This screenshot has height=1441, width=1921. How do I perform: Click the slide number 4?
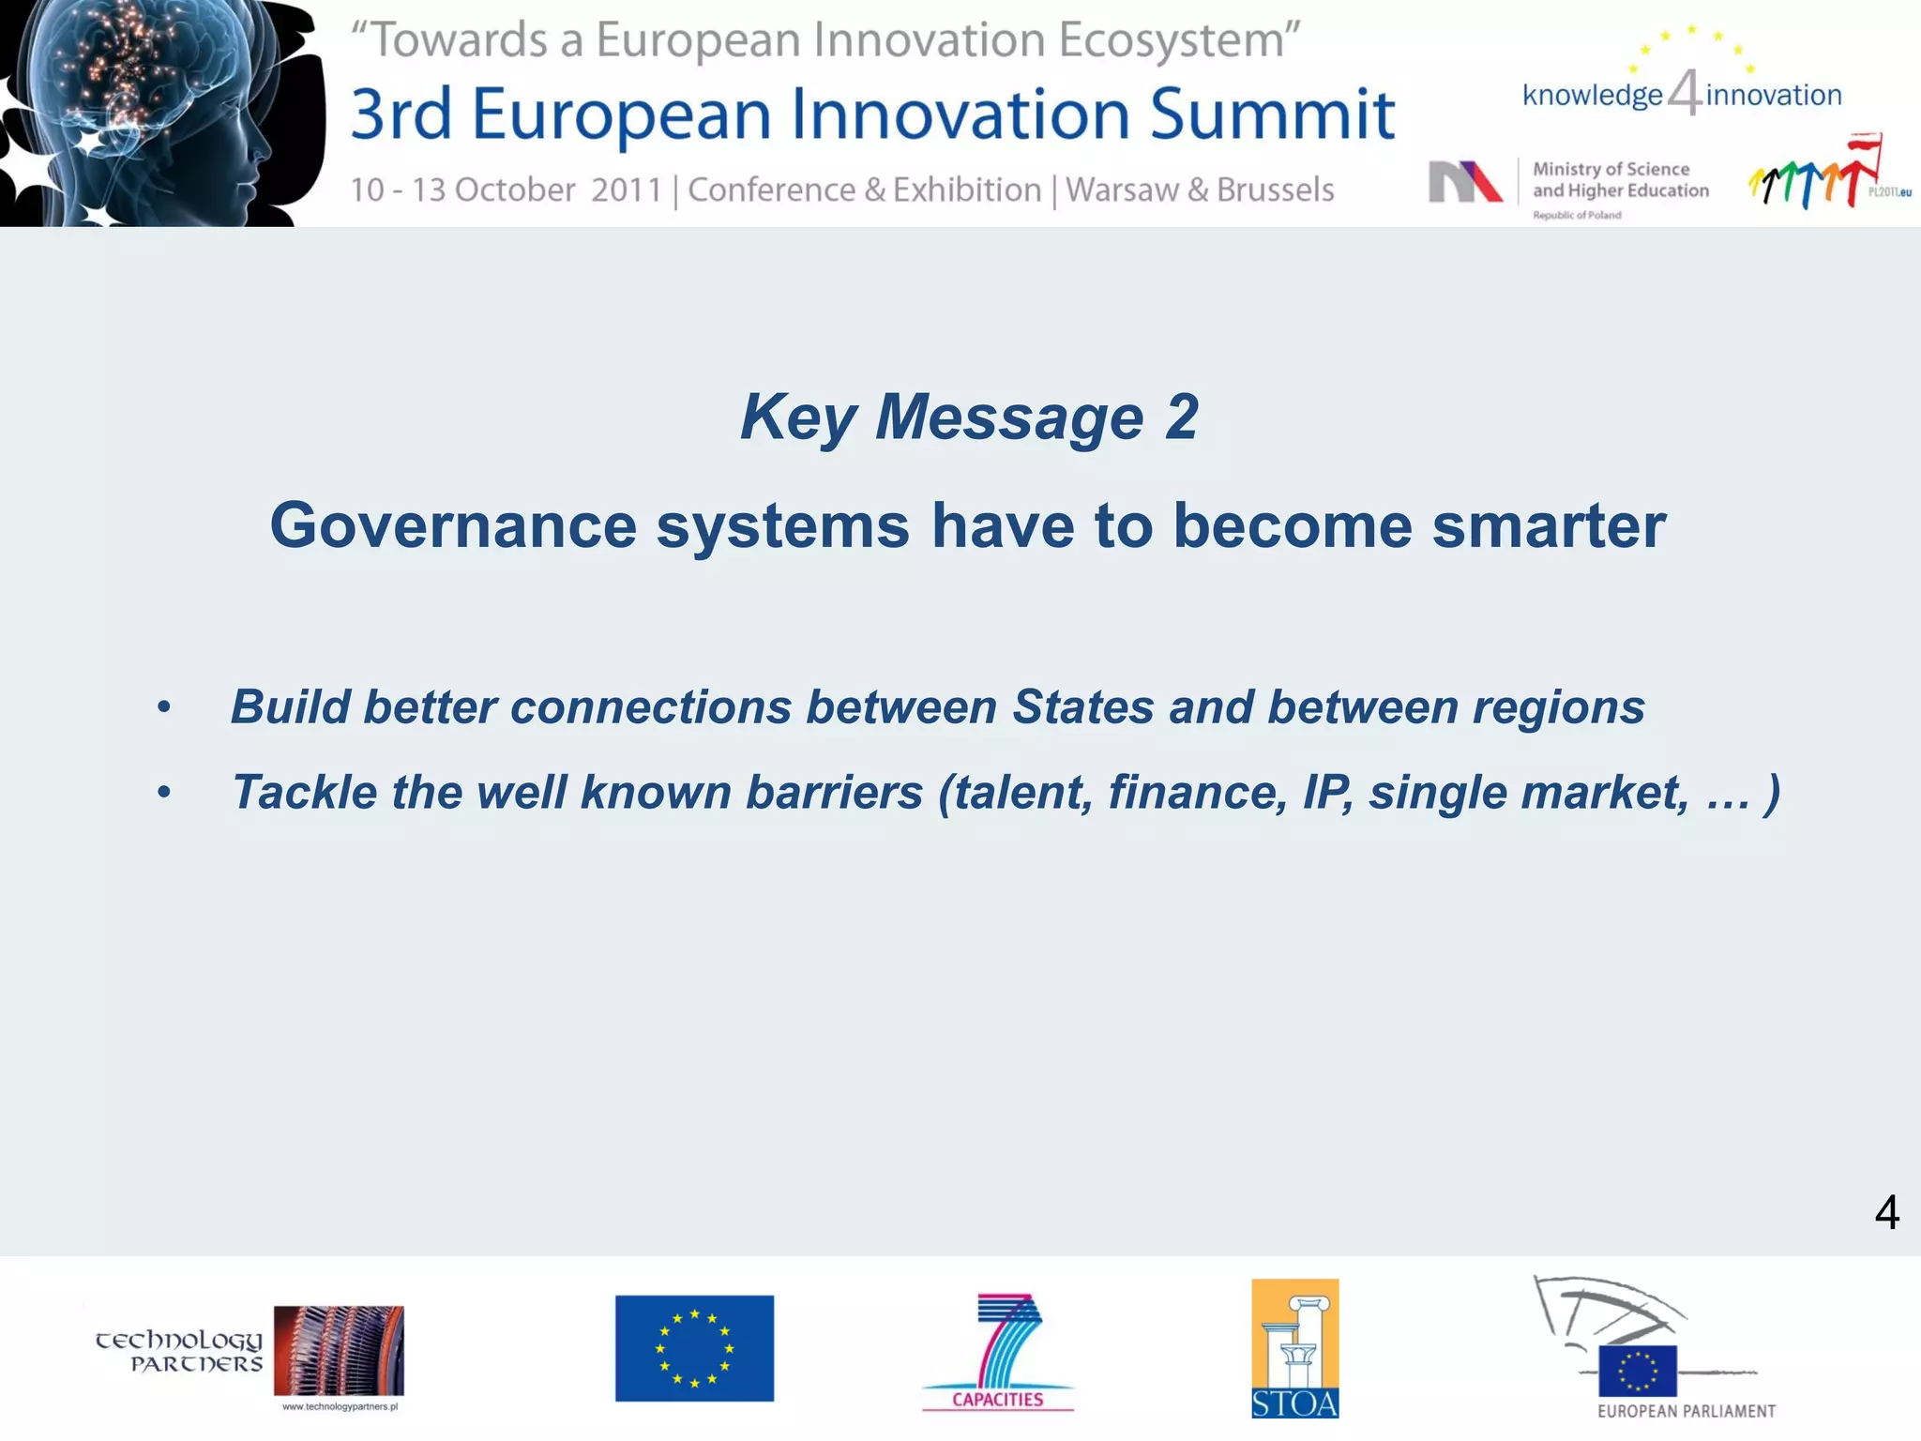(1886, 1212)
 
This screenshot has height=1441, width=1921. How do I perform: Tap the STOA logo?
(1294, 1348)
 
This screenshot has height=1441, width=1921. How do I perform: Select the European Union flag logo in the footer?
(694, 1348)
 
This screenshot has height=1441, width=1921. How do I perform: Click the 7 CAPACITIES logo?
(998, 1352)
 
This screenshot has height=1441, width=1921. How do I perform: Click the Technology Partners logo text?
(178, 1352)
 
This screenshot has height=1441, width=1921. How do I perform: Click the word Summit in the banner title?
(1272, 114)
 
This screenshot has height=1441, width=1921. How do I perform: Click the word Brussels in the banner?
(1275, 190)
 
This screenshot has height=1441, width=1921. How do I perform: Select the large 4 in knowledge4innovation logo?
(1685, 94)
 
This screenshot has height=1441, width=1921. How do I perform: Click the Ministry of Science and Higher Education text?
(1620, 180)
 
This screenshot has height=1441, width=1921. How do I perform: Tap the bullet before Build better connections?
(164, 707)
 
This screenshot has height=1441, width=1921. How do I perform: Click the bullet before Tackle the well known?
(164, 793)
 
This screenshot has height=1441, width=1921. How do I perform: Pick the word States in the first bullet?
(1082, 707)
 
